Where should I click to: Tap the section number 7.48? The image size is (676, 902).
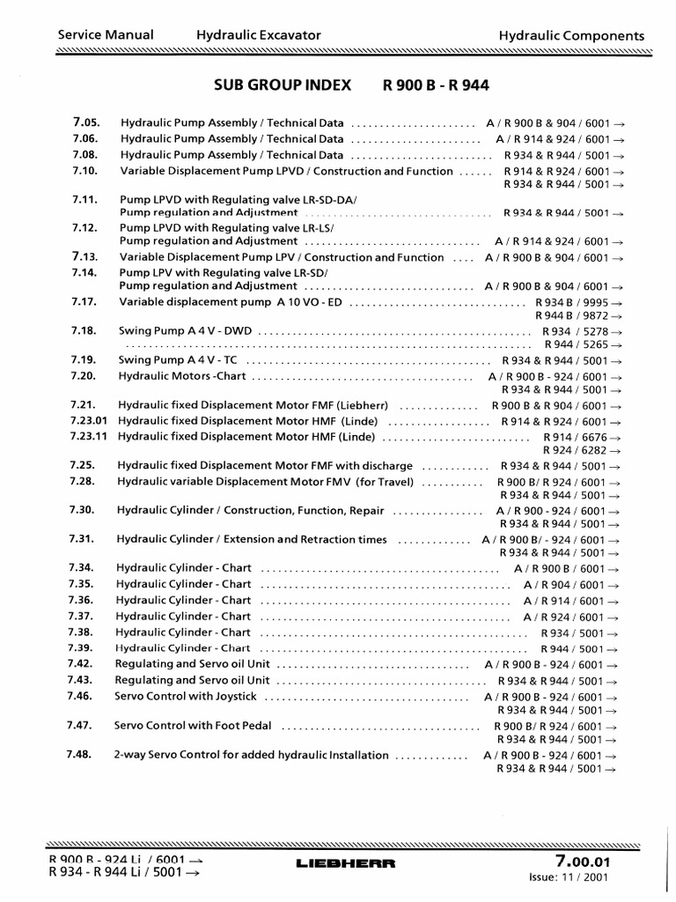click(x=79, y=755)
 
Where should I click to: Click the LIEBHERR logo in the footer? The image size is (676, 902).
click(x=337, y=864)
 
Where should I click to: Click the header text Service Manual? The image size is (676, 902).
click(x=105, y=35)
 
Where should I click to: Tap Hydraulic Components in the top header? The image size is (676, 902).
click(x=571, y=36)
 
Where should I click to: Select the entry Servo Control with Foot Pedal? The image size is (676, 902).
click(x=193, y=726)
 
